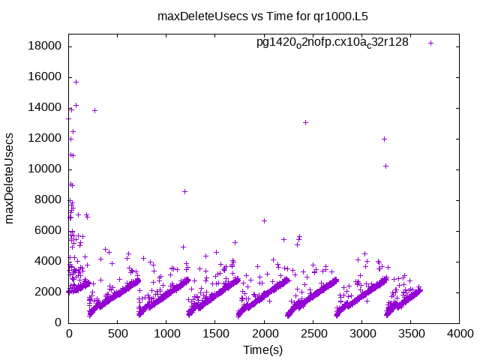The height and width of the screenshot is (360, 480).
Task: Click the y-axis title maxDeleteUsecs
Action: [10, 178]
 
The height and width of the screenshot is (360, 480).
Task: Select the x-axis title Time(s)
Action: [263, 349]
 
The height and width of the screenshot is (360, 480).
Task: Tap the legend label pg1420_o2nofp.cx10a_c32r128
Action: [332, 42]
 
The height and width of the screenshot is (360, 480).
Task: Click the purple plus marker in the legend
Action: [430, 43]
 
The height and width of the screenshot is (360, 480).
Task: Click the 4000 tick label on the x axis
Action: [460, 334]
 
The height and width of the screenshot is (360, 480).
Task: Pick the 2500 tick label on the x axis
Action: [313, 334]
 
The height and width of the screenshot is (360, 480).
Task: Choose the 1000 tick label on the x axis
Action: [166, 334]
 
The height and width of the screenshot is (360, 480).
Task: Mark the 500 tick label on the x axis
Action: [118, 334]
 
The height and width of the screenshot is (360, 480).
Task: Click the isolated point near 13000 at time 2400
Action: [305, 122]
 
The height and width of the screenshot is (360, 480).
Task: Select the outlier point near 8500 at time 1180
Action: [184, 191]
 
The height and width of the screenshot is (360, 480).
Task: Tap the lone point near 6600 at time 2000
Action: [264, 220]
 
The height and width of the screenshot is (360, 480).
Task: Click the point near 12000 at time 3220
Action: [384, 139]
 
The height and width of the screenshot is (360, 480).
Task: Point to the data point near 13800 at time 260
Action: [94, 110]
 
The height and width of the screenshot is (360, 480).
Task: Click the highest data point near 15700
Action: [76, 82]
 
